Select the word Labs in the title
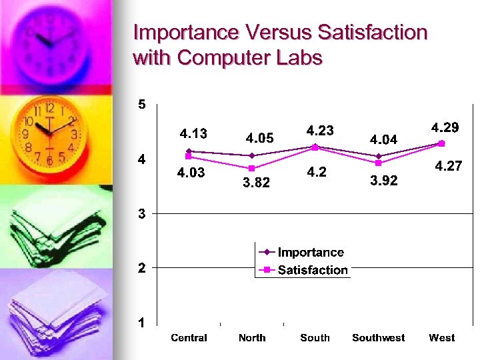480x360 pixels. pyautogui.click(x=295, y=57)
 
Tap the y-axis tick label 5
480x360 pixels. pyautogui.click(x=142, y=104)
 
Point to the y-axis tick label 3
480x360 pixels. pyautogui.click(x=142, y=214)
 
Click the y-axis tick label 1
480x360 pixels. pyautogui.click(x=142, y=323)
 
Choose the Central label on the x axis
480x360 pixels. pyautogui.click(x=189, y=338)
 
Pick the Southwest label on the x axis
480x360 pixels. pyautogui.click(x=378, y=338)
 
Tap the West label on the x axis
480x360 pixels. pyautogui.click(x=441, y=338)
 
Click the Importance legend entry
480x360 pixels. pyautogui.click(x=311, y=252)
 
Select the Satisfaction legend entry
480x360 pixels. pyautogui.click(x=313, y=270)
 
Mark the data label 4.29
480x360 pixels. pyautogui.click(x=445, y=127)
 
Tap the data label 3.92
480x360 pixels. pyautogui.click(x=383, y=181)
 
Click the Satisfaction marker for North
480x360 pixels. pyautogui.click(x=252, y=168)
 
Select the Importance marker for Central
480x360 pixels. pyautogui.click(x=189, y=151)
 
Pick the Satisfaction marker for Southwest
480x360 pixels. pyautogui.click(x=378, y=163)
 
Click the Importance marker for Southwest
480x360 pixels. pyautogui.click(x=378, y=156)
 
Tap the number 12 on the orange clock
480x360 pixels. pyautogui.click(x=49, y=107)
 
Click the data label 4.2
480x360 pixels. pyautogui.click(x=317, y=173)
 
